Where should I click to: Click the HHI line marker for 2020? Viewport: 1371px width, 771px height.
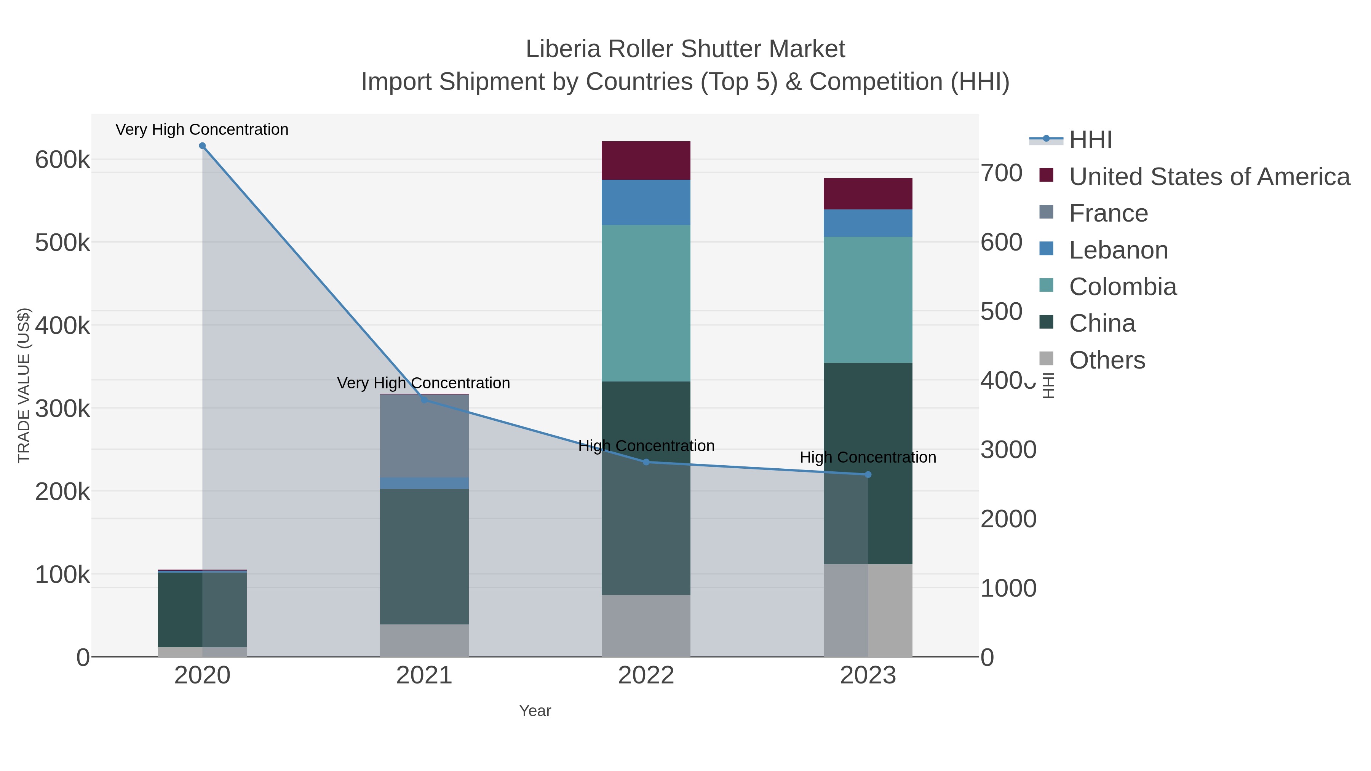tap(202, 146)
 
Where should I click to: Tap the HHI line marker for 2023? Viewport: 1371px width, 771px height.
tap(868, 475)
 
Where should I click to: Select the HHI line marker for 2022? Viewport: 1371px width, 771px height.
tap(646, 462)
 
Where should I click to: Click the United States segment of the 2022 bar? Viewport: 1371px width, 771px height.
tap(646, 160)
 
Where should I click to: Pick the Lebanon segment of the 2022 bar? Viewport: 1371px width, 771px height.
tap(646, 202)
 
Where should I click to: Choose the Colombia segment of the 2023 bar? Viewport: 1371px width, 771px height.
tap(868, 300)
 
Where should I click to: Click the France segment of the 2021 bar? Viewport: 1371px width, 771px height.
tap(424, 436)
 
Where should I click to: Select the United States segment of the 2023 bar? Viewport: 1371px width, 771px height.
tap(868, 194)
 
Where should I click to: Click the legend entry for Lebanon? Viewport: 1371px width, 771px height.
tap(1118, 250)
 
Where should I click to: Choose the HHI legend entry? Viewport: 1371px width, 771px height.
tap(1090, 140)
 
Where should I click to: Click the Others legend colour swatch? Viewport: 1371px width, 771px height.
tap(1047, 359)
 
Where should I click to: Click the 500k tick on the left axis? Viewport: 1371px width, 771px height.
tap(62, 243)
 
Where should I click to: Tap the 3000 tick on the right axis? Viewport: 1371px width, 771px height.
tap(1008, 450)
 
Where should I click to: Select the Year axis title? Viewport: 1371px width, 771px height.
tap(535, 711)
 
